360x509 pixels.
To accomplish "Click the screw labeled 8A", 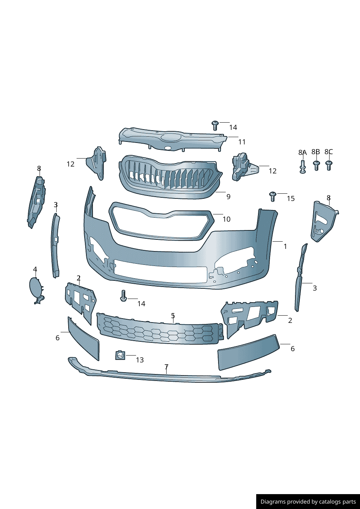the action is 303,167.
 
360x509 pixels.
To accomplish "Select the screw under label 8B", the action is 316,165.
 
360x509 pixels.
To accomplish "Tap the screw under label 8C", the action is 329,165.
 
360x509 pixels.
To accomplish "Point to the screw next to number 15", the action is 273,196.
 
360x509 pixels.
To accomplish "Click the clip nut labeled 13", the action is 120,356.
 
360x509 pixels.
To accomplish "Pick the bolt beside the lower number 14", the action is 123,296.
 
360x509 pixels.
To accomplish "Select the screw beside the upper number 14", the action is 215,126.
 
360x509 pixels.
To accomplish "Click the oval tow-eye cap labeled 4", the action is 36,290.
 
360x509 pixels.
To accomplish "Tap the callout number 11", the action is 242,142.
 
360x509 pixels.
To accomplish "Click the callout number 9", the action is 228,197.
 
